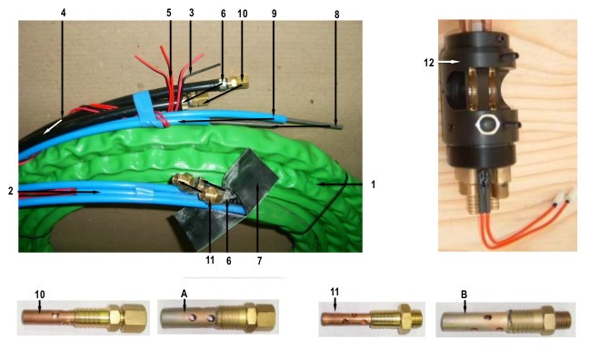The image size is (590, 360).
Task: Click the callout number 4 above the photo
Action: coord(63,13)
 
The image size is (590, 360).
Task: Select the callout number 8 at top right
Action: coord(336,15)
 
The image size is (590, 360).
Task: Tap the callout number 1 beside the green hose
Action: coord(373,185)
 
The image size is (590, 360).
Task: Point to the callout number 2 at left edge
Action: coord(11,191)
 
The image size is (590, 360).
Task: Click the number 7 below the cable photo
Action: coord(259,260)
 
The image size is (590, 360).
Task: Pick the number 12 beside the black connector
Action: coord(429,63)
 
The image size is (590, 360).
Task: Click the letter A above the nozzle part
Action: coord(184,294)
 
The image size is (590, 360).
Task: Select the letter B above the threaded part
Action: coord(464,295)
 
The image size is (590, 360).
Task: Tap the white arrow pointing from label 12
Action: coord(449,61)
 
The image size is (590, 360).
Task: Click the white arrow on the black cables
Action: coord(53,126)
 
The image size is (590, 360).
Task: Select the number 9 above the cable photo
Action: coord(274,14)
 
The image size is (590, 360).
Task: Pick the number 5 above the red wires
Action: coord(169,13)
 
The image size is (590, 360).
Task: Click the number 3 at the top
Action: coord(192,13)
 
